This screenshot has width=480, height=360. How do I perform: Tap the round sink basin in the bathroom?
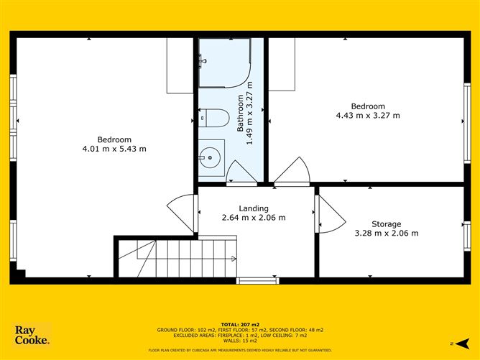point(210,157)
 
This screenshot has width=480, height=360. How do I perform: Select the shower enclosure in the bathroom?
point(225,63)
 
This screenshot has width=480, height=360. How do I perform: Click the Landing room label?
point(254,208)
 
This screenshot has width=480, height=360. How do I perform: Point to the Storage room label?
point(387,224)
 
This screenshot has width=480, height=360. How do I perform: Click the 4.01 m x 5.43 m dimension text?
point(114,149)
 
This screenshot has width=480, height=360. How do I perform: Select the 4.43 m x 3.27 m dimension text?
point(368,116)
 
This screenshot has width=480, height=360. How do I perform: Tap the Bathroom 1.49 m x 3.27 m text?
point(245,113)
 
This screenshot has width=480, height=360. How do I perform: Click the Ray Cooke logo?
point(32,335)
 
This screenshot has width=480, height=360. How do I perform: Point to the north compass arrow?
point(462,343)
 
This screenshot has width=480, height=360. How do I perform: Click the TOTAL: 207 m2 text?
point(240,325)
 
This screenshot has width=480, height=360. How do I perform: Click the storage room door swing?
point(331,214)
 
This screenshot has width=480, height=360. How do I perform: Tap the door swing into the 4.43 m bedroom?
point(292,172)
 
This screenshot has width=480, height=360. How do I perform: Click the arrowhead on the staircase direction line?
point(234,259)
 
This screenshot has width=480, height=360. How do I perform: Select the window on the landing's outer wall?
point(258,280)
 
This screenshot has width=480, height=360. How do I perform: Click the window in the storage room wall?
point(467,236)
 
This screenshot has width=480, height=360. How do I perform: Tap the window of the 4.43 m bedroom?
point(467,123)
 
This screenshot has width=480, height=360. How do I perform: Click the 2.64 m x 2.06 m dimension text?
point(254,218)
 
